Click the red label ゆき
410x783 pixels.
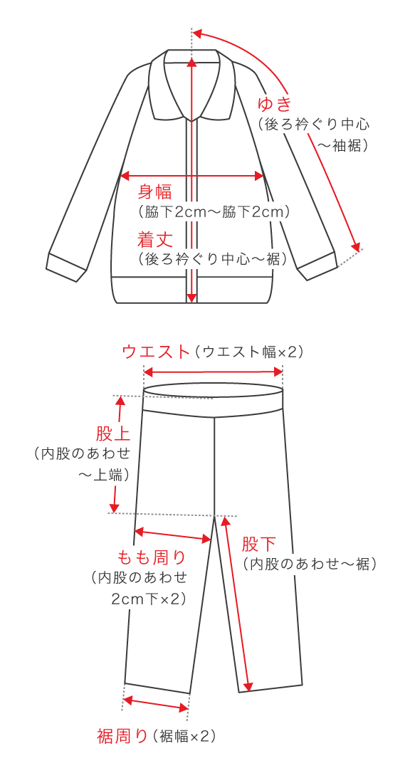coord(274,104)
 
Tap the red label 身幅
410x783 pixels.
coord(154,191)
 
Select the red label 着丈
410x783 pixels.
coord(154,240)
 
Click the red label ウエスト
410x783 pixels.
coord(156,351)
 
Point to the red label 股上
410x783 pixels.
coord(113,433)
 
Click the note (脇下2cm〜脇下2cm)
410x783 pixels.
coord(214,211)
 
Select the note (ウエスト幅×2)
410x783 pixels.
coord(247,352)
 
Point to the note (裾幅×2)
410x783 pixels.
coord(184,736)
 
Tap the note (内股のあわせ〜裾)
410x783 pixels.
coord(310,564)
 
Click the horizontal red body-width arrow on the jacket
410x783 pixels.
coord(192,176)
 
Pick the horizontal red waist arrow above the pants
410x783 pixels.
coord(214,372)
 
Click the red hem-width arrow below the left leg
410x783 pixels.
coord(156,704)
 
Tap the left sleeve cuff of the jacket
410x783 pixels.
coord(65,267)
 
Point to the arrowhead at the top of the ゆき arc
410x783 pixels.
coord(196,33)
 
